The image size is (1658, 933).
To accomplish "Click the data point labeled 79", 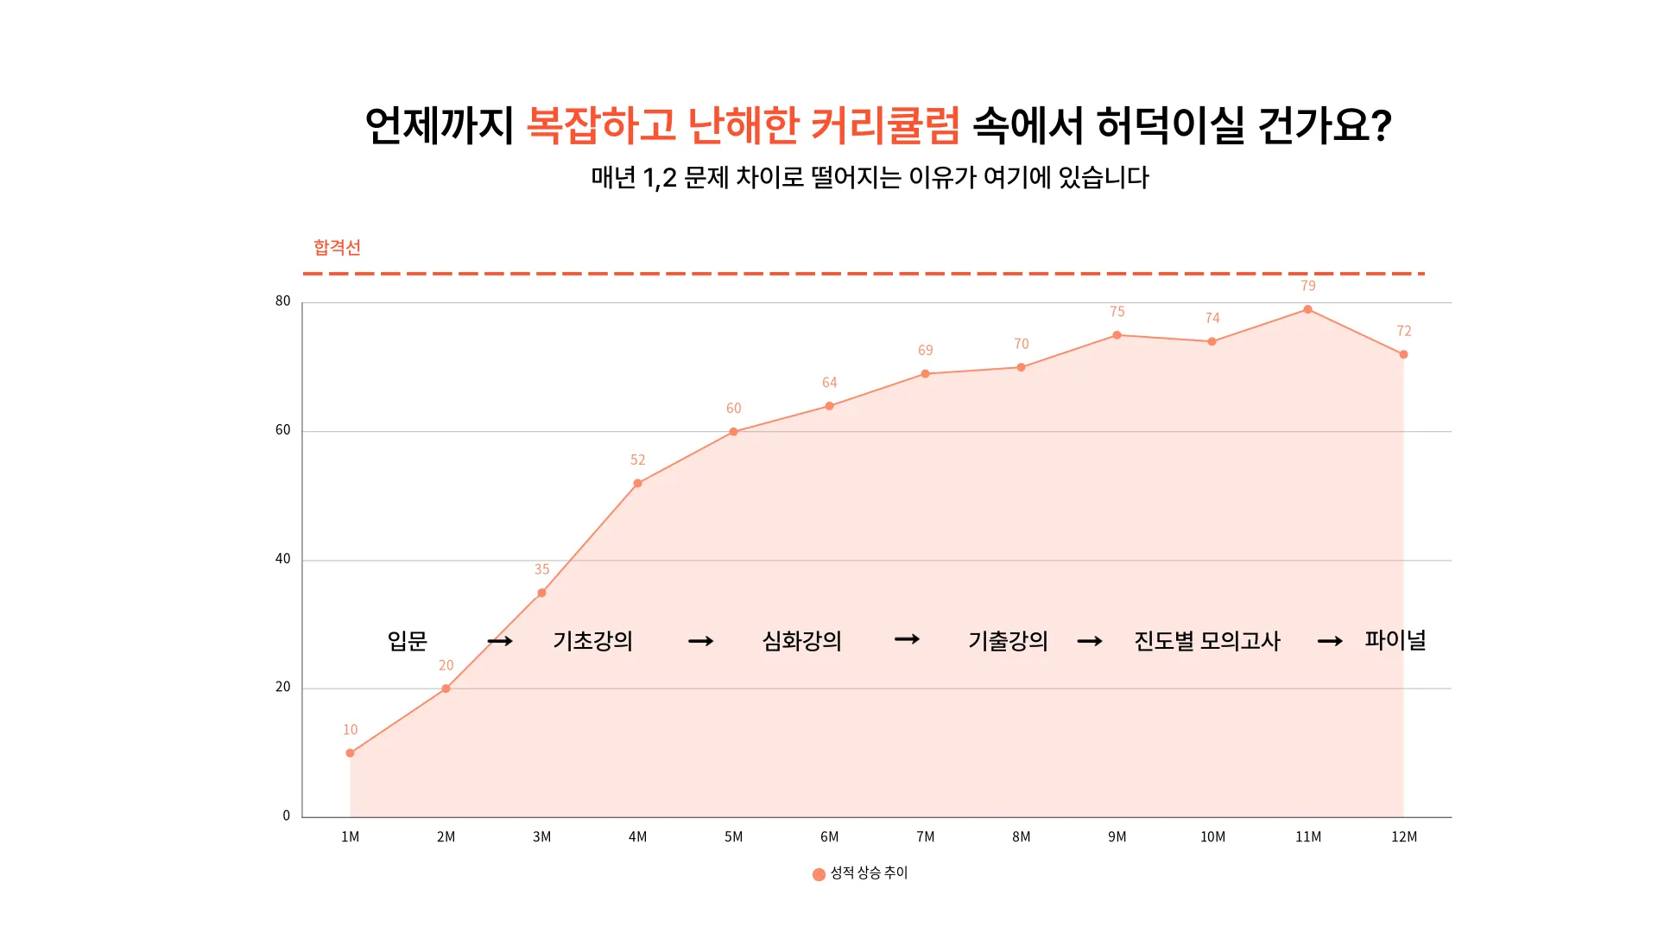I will click(x=1307, y=309).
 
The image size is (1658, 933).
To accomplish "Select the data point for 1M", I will click(x=350, y=753).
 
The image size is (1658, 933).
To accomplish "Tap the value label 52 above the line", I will click(x=637, y=460).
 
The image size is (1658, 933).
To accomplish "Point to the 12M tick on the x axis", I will click(x=1403, y=837).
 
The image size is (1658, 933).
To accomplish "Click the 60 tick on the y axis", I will click(x=282, y=430).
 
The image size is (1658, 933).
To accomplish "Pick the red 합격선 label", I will click(x=337, y=248).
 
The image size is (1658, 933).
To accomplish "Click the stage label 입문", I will click(x=408, y=641).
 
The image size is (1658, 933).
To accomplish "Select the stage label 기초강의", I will click(x=592, y=641).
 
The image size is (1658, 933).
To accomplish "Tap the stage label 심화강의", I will click(x=801, y=641).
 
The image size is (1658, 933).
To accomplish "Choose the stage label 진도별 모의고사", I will click(x=1206, y=641).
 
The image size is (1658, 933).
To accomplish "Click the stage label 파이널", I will click(x=1395, y=640).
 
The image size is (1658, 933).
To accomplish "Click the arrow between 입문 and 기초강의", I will click(x=500, y=641).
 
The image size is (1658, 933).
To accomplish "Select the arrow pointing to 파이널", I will click(x=1330, y=641).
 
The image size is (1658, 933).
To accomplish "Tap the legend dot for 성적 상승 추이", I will click(x=819, y=874).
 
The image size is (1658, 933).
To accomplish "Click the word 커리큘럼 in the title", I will click(x=885, y=126).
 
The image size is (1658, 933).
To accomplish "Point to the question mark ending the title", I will click(x=1381, y=126).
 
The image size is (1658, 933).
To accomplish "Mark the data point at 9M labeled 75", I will click(x=1117, y=335).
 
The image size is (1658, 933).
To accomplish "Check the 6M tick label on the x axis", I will click(x=829, y=837).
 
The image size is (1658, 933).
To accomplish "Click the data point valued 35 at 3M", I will click(x=541, y=593).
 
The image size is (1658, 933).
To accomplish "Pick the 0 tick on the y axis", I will click(x=287, y=816).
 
